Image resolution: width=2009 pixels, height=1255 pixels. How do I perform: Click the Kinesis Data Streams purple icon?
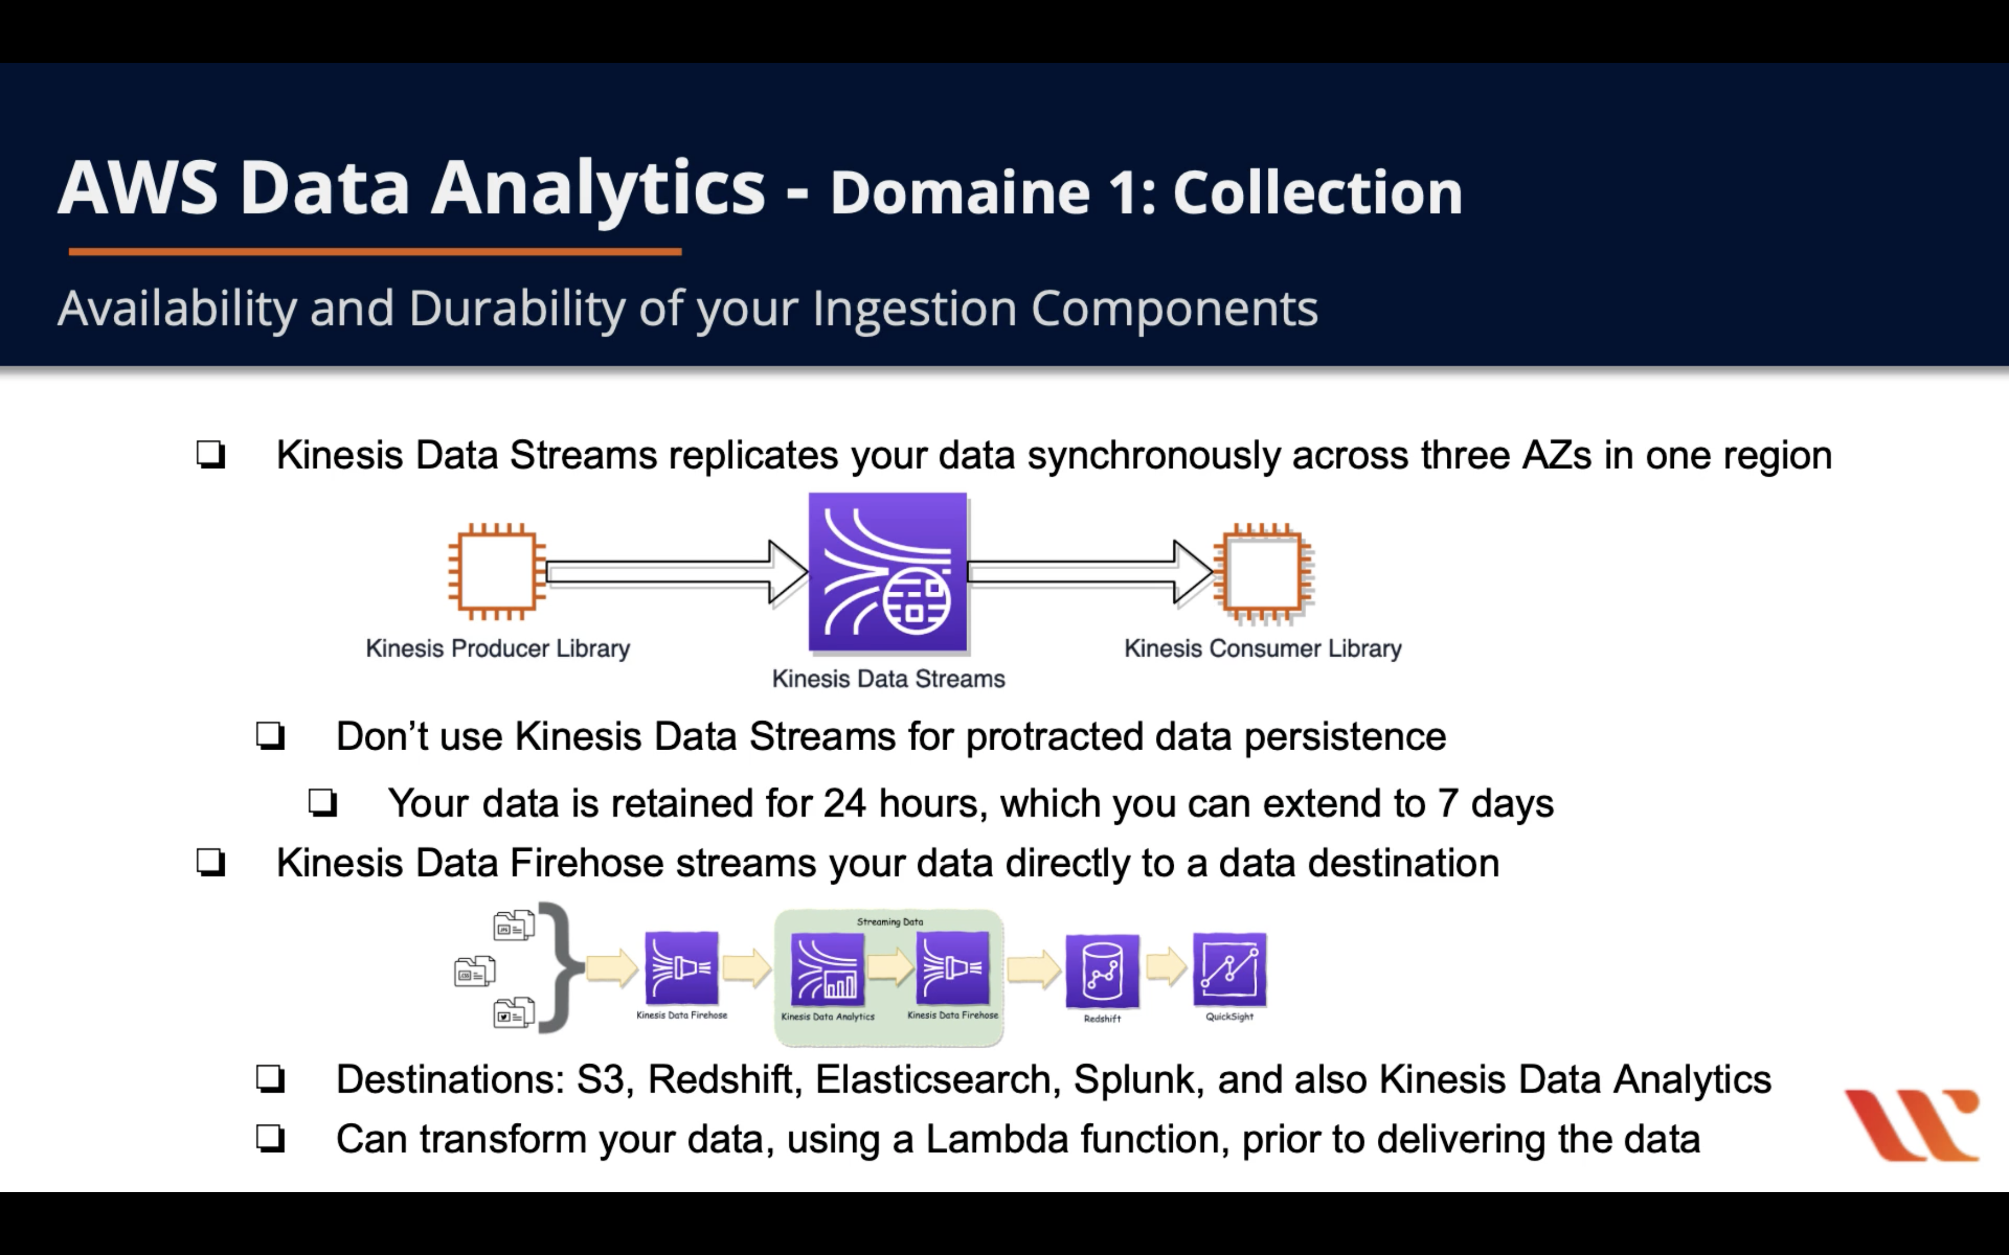pyautogui.click(x=887, y=572)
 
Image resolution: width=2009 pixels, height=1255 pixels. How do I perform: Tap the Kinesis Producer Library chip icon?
pyautogui.click(x=497, y=571)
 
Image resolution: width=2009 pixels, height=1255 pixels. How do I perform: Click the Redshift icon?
pyautogui.click(x=1101, y=969)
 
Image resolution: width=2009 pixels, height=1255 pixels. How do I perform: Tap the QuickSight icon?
pyautogui.click(x=1229, y=969)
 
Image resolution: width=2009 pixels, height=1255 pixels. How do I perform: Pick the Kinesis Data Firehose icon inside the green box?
pyautogui.click(x=952, y=967)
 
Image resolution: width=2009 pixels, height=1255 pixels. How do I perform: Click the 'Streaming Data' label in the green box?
pyautogui.click(x=889, y=921)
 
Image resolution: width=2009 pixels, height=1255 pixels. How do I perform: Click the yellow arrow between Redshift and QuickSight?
pyautogui.click(x=1165, y=967)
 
